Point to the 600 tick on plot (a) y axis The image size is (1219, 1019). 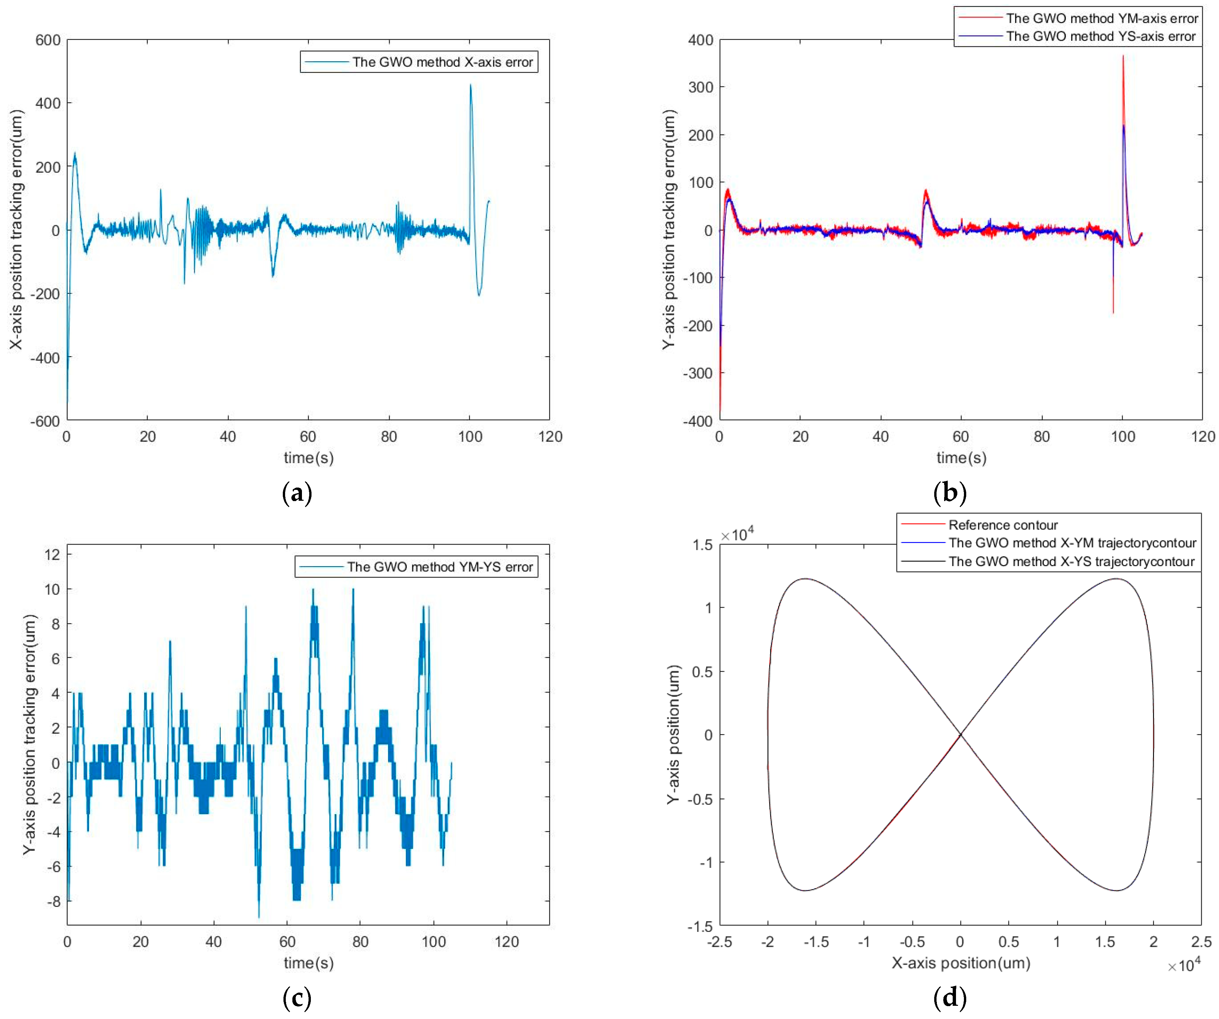[x=48, y=40]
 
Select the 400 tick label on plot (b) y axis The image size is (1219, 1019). [x=701, y=40]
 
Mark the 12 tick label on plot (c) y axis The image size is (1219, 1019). [x=52, y=555]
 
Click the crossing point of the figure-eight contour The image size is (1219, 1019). [x=960, y=734]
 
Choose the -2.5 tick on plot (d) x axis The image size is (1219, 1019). [x=720, y=942]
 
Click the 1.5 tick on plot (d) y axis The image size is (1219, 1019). [x=702, y=545]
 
